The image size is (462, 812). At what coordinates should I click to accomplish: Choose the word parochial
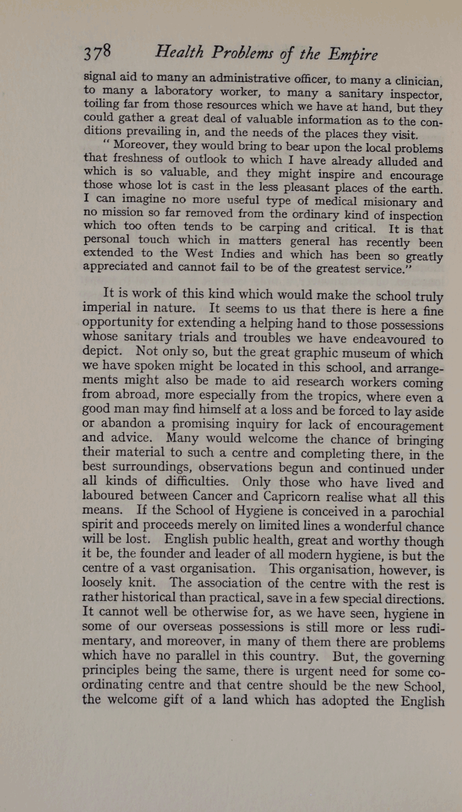411,511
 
